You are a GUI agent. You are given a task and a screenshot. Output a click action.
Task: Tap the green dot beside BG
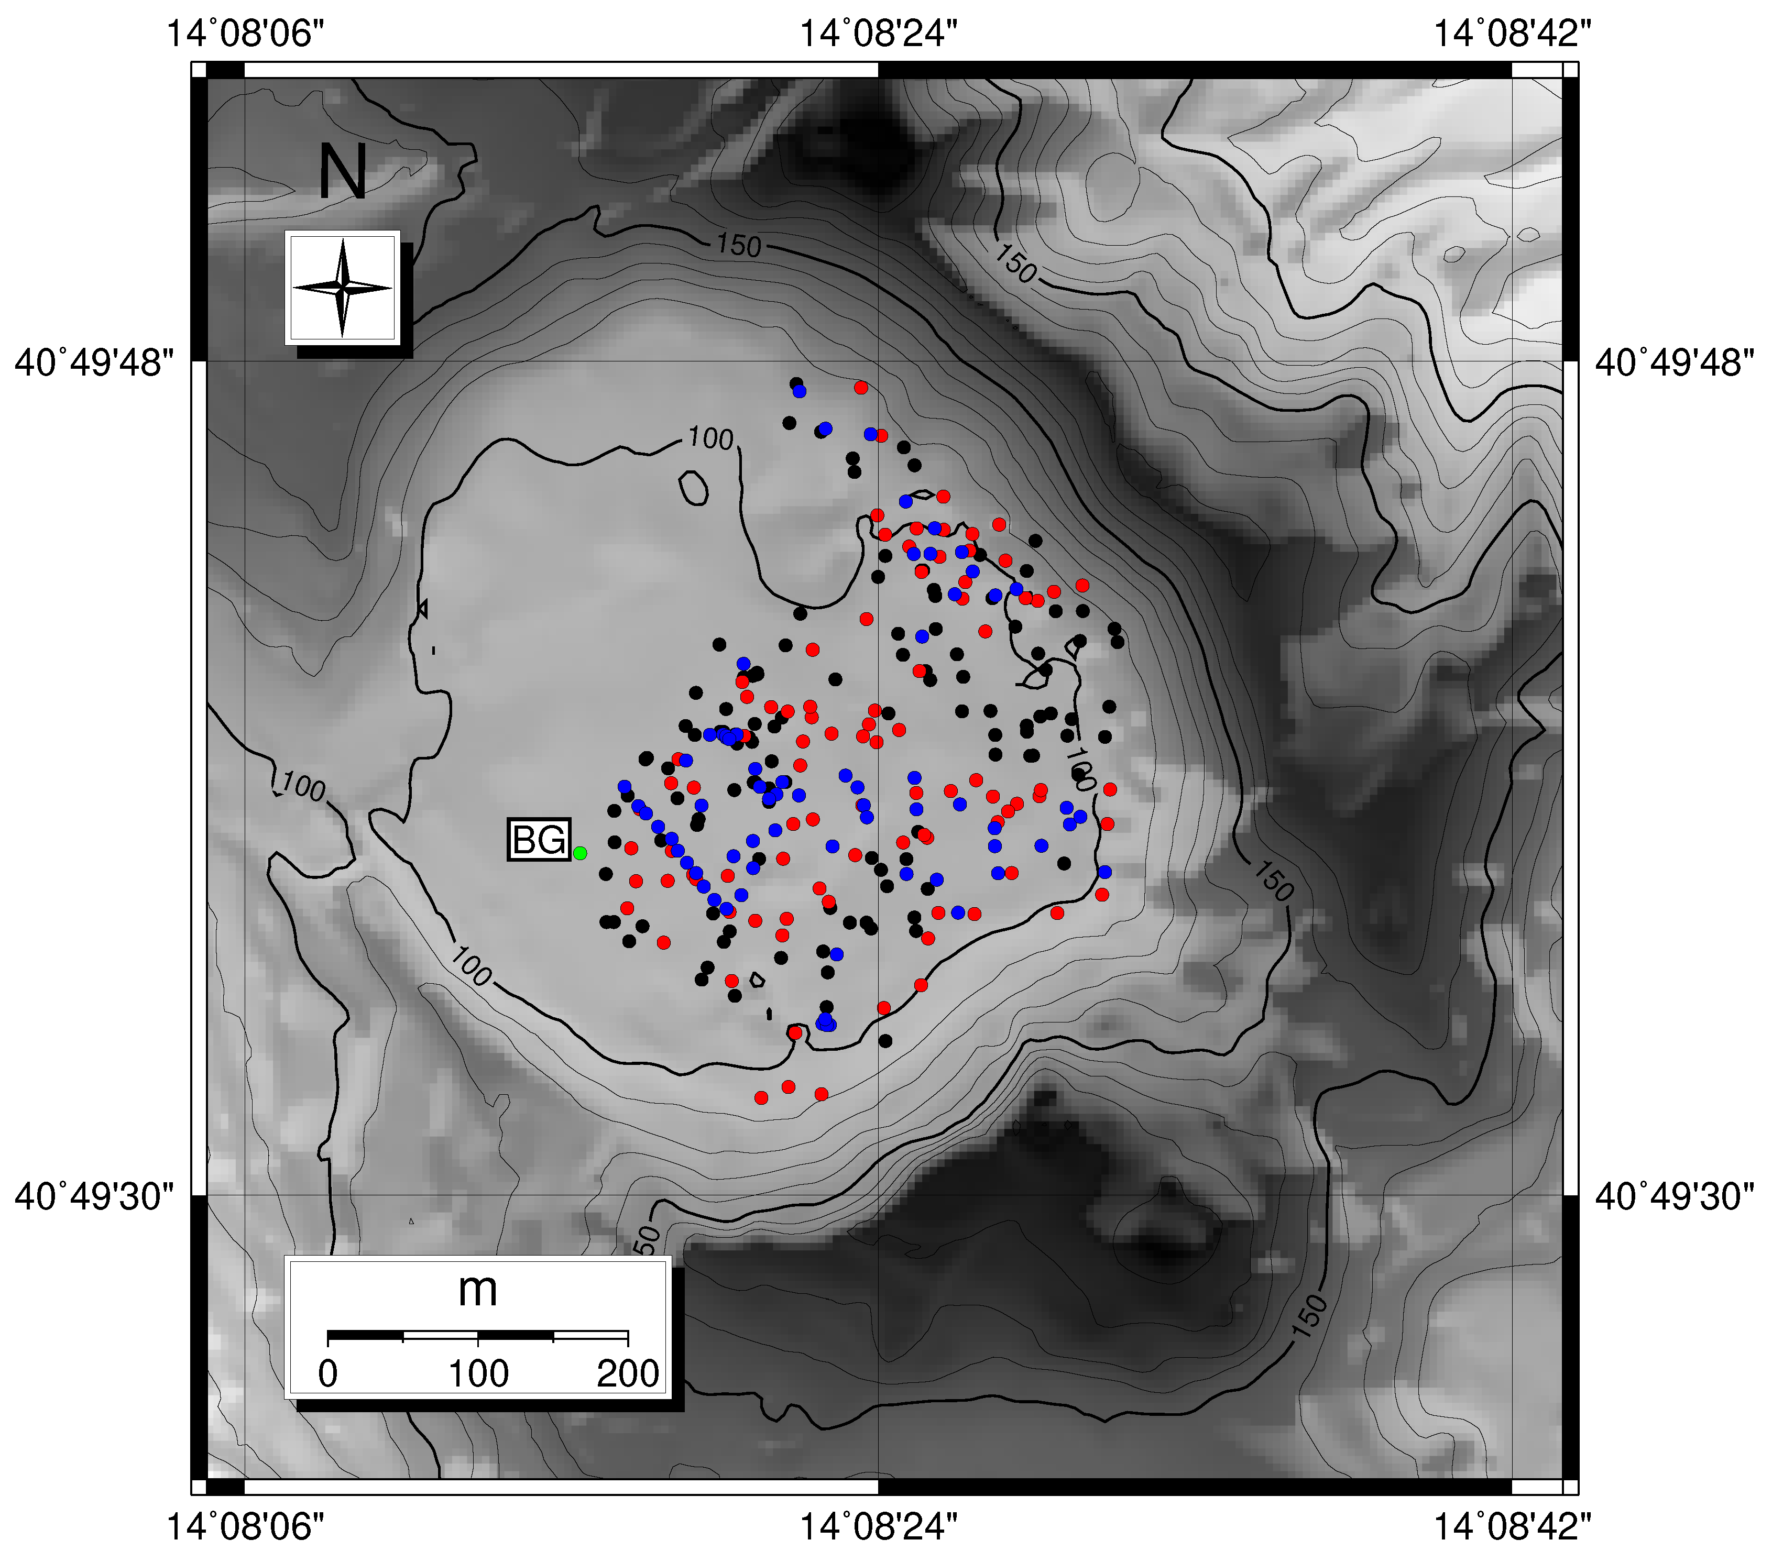580,853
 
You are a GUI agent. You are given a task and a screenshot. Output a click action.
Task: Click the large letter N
343,172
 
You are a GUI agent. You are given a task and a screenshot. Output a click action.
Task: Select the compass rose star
343,288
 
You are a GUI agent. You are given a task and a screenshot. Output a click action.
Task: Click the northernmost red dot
860,387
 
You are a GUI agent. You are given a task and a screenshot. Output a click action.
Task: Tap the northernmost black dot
795,382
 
